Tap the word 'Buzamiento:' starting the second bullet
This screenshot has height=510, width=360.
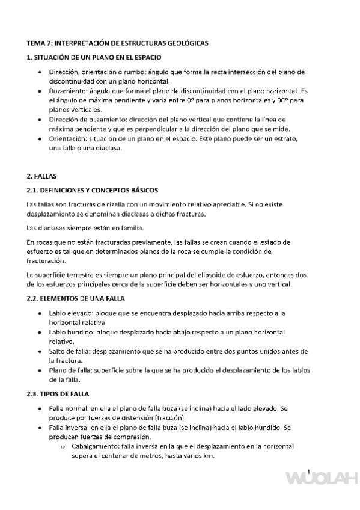click(x=68, y=90)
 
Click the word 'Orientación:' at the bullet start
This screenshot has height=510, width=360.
click(x=69, y=139)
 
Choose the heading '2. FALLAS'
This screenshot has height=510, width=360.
click(x=41, y=177)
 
